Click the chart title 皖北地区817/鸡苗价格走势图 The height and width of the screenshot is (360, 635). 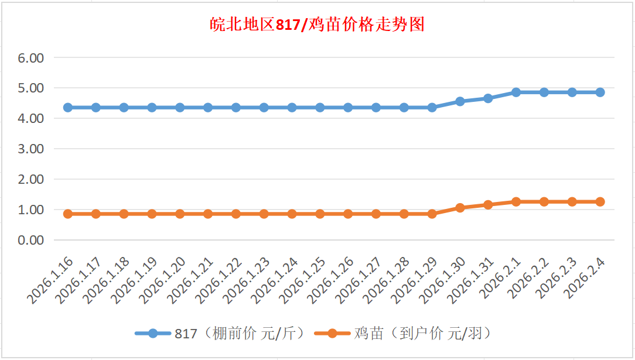(x=317, y=25)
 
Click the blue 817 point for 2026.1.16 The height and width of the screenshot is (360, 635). (x=68, y=108)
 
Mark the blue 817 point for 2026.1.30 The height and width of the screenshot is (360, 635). (x=460, y=101)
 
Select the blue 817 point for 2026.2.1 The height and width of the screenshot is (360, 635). (x=516, y=92)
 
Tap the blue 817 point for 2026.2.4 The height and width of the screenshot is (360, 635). (x=600, y=92)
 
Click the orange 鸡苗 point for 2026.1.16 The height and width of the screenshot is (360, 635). (x=68, y=214)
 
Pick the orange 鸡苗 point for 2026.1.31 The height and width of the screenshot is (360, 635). (x=488, y=205)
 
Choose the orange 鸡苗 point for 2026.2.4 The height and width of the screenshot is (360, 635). (x=600, y=201)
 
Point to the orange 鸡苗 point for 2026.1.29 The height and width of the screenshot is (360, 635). (x=432, y=214)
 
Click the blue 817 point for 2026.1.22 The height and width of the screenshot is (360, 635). (x=236, y=108)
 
